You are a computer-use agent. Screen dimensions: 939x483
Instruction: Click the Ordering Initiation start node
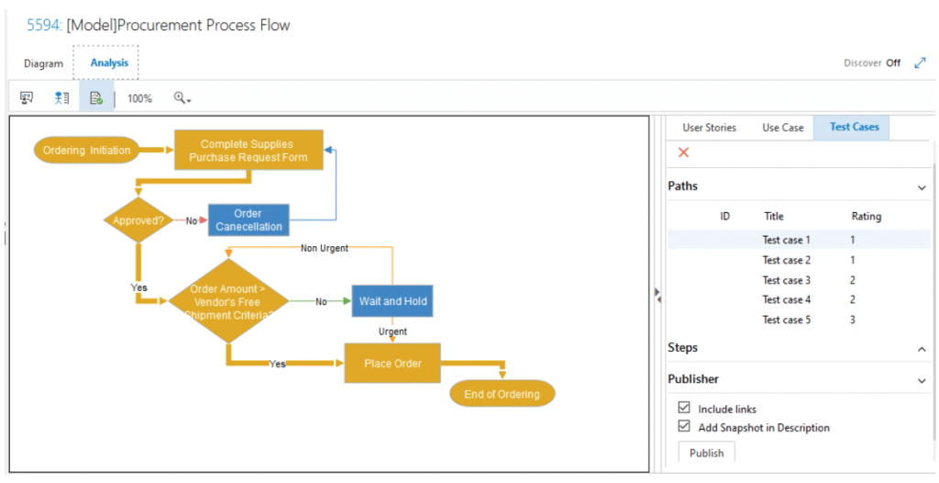[x=86, y=150]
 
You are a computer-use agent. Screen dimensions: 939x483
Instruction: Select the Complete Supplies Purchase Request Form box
[x=249, y=150]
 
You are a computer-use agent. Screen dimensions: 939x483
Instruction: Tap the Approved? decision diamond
[x=138, y=220]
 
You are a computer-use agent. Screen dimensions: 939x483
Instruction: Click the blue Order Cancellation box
[x=249, y=219]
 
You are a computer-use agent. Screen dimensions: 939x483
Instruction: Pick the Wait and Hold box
[x=392, y=301]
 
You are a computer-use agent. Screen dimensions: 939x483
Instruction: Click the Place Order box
[x=392, y=363]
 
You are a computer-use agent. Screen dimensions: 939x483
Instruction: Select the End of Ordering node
[x=502, y=394]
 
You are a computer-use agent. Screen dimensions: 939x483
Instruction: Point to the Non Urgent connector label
[x=324, y=248]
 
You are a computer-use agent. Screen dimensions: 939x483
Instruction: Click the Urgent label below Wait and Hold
[x=392, y=331]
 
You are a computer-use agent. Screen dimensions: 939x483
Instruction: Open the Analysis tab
[x=109, y=63]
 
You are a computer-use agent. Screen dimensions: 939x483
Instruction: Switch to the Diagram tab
[x=43, y=63]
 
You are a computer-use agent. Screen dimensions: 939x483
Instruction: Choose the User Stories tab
[x=709, y=128]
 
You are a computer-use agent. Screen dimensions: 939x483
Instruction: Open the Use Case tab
[x=783, y=128]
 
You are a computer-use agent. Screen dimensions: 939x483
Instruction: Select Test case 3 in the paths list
[x=786, y=280]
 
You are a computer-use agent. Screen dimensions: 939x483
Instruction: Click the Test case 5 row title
[x=786, y=320]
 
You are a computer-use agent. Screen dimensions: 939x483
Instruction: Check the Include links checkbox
[x=684, y=408]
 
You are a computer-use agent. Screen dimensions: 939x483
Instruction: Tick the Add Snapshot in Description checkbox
[x=684, y=426]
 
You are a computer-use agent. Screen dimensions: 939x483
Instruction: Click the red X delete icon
[x=683, y=152]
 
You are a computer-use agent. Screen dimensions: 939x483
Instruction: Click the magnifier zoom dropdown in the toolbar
[x=182, y=98]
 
